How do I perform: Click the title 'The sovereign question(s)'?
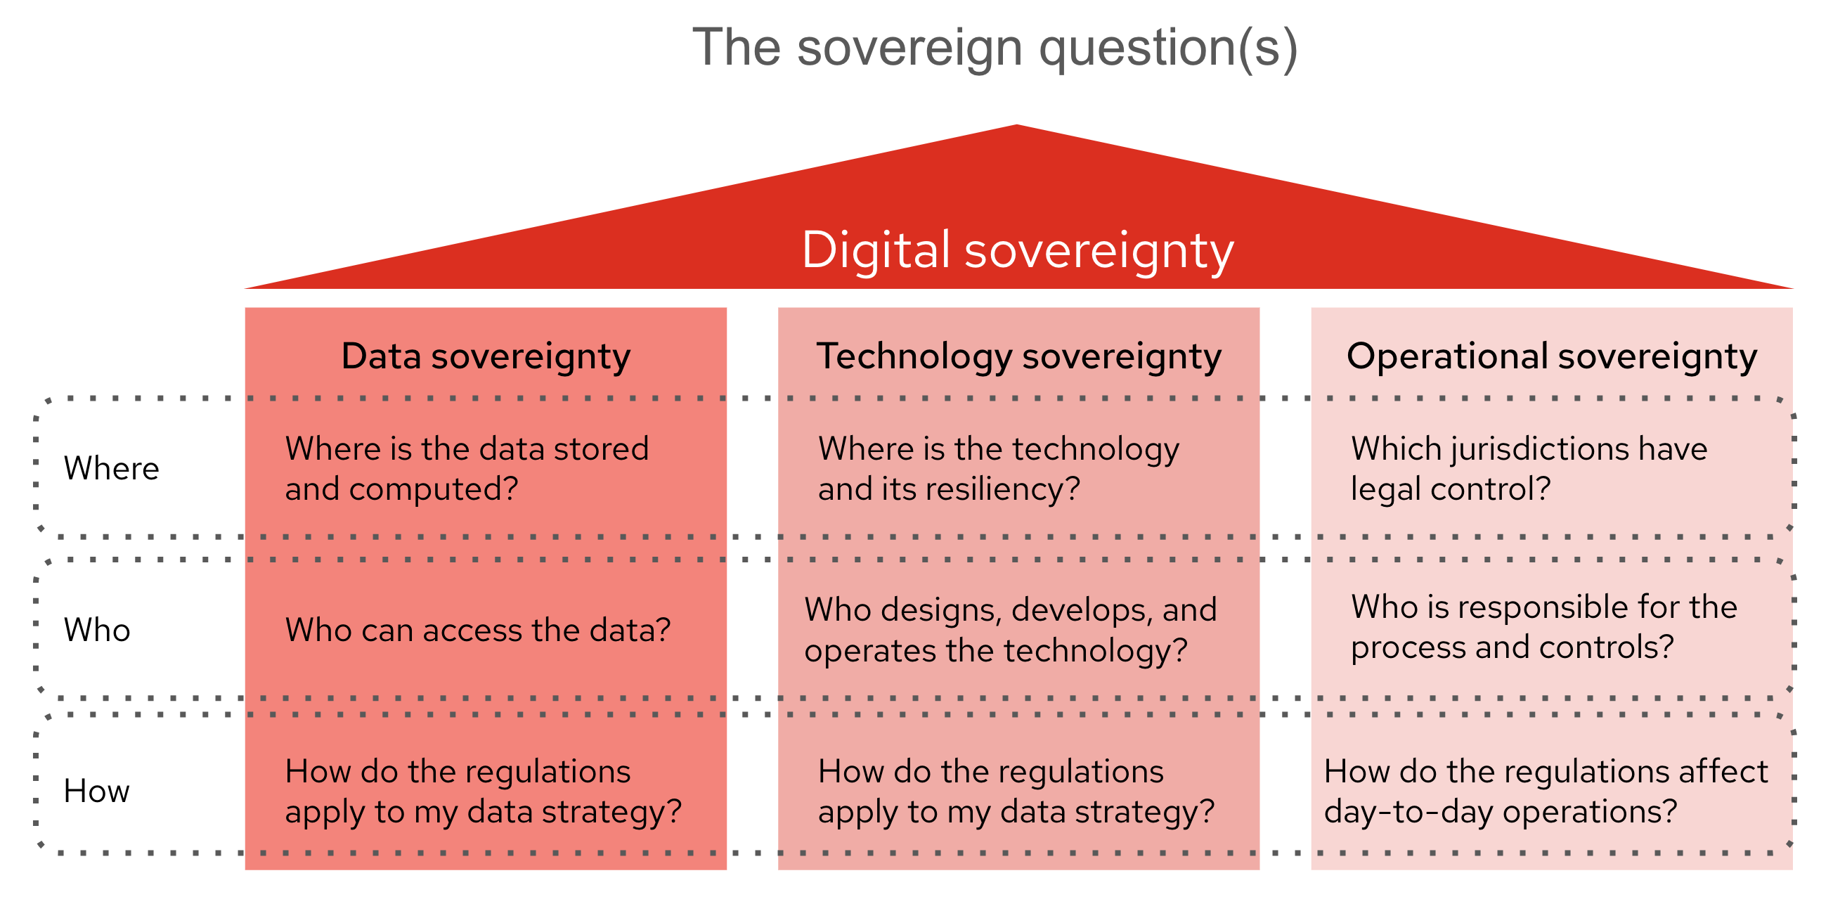pos(995,47)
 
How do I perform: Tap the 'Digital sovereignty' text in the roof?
pos(1018,250)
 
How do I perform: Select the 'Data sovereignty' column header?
pos(486,356)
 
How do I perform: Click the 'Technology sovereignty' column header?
pos(1018,356)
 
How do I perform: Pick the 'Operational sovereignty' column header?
pos(1551,356)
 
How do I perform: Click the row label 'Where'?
pos(111,468)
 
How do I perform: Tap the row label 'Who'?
pos(97,630)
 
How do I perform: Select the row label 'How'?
pos(96,791)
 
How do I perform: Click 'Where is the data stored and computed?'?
pos(466,468)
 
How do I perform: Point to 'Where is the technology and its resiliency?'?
pos(997,468)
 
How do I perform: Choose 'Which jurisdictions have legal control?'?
pos(1529,468)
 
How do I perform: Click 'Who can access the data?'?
pos(477,630)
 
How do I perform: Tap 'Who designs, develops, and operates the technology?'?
pos(1011,630)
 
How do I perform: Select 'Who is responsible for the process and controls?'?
pos(1544,627)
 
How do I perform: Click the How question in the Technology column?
pos(1016,791)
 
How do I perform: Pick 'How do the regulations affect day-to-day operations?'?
pos(1546,791)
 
